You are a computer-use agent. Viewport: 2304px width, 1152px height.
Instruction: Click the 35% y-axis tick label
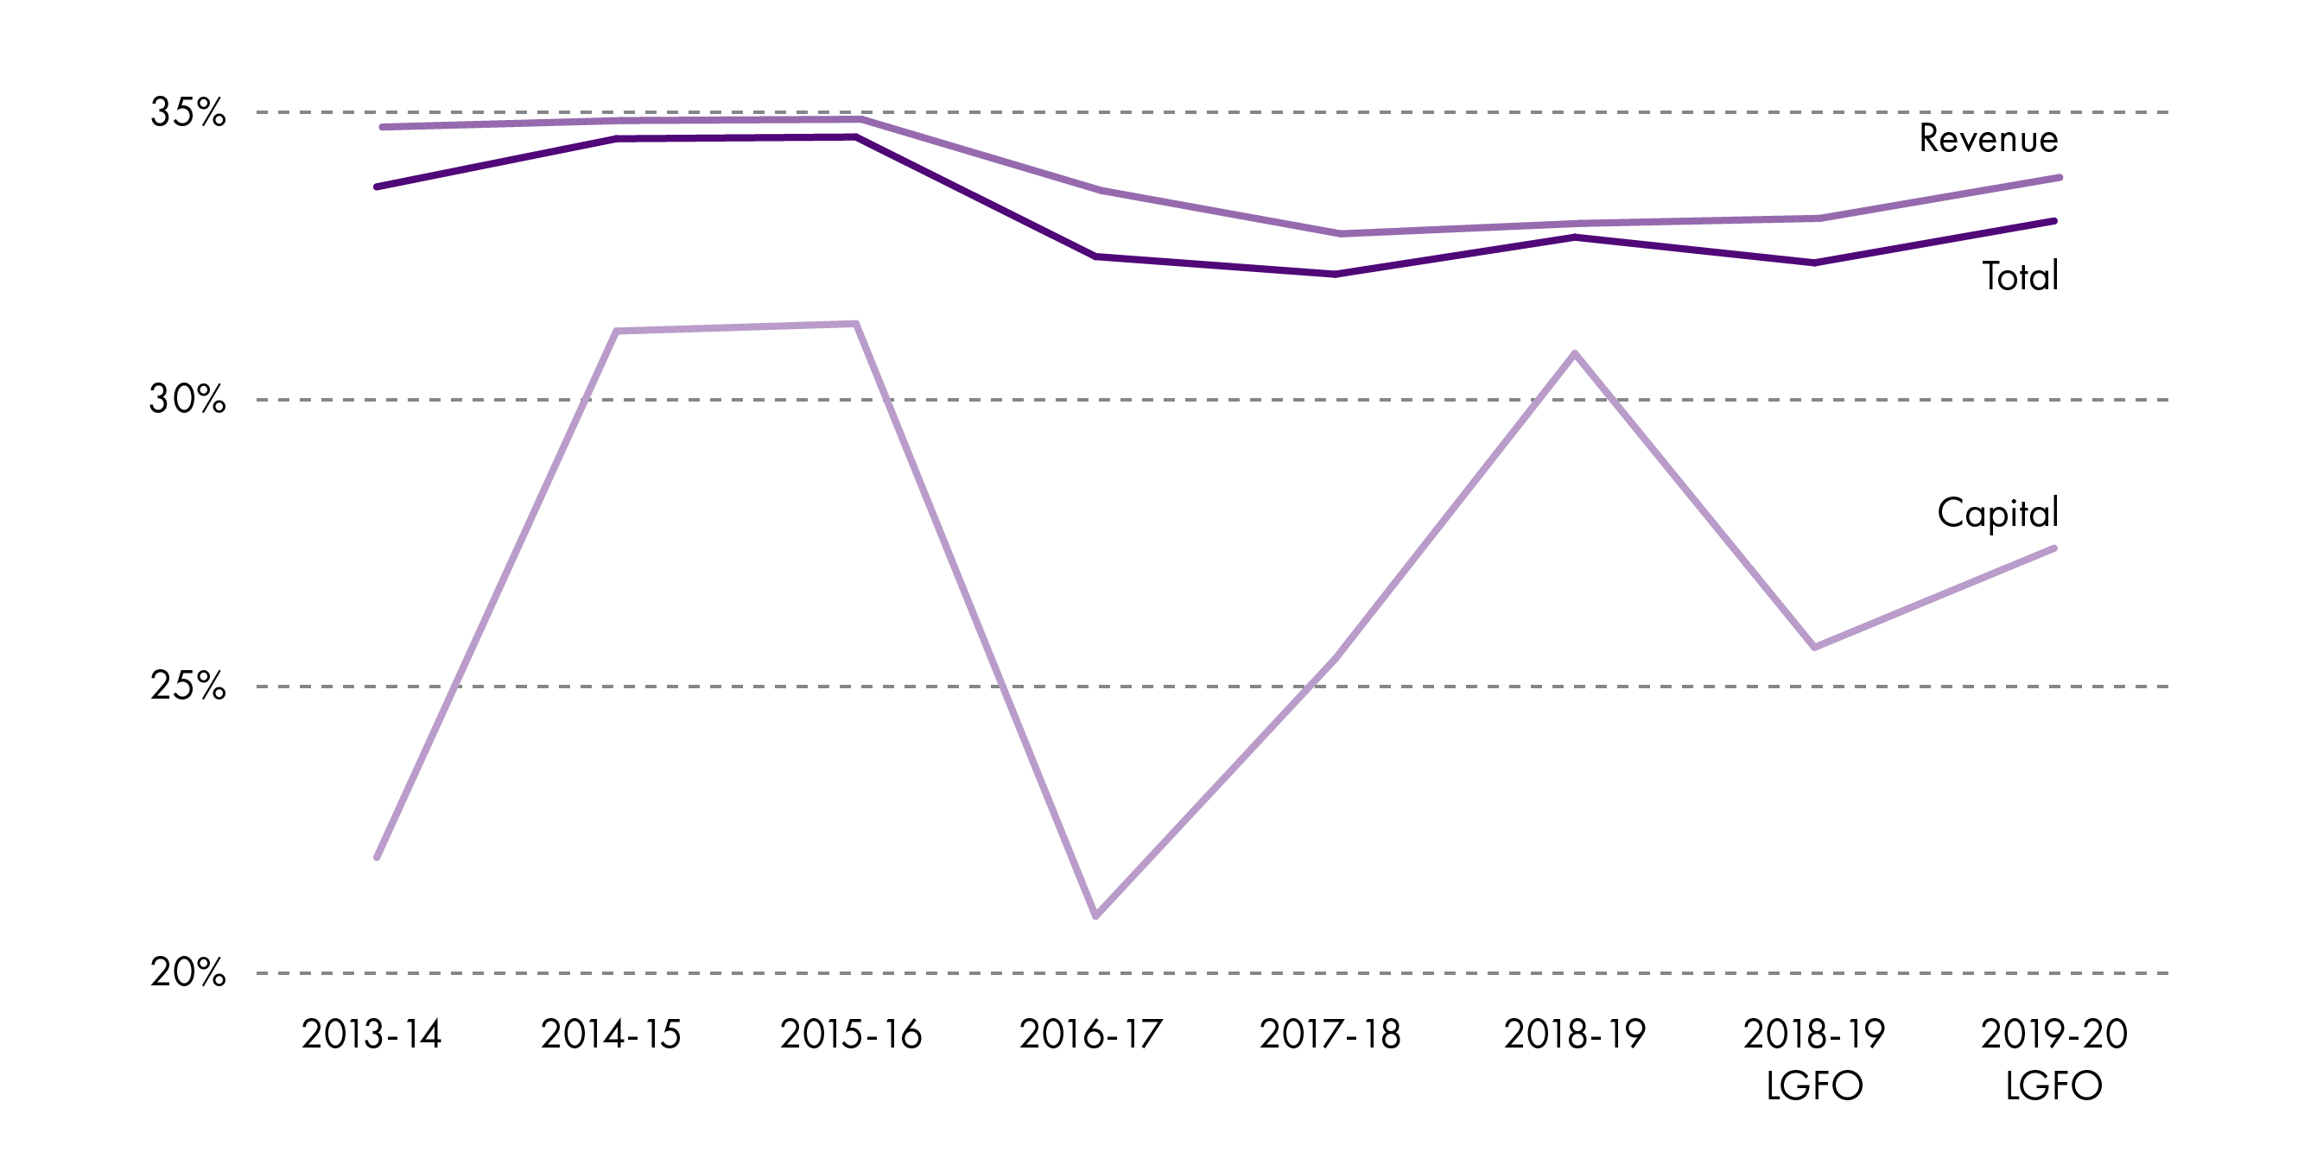[x=187, y=112]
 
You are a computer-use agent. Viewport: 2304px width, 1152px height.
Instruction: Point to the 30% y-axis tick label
[x=187, y=399]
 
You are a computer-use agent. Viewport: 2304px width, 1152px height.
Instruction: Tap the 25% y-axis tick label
[x=187, y=686]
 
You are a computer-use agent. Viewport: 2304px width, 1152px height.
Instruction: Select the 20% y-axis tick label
[x=187, y=972]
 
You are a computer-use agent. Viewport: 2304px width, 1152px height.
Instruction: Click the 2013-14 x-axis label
[x=372, y=1035]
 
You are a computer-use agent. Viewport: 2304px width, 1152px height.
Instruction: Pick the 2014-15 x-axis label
[x=611, y=1035]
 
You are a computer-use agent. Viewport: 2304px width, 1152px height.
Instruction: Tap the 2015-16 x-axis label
[x=851, y=1035]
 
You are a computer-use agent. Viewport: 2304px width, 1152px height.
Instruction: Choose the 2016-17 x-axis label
[x=1090, y=1035]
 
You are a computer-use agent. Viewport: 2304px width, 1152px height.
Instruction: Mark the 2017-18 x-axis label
[x=1330, y=1035]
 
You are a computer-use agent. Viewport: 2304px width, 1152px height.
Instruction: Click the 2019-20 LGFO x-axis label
[x=2053, y=1060]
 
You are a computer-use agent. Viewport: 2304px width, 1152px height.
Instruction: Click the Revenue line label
[x=1989, y=139]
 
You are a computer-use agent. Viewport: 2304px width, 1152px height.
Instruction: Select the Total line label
[x=2020, y=276]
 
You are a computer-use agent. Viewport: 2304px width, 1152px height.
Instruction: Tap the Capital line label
[x=1997, y=513]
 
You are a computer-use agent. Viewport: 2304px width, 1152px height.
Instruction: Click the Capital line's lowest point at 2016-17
[x=1095, y=916]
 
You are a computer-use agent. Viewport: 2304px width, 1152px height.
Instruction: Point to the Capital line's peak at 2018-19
[x=1575, y=353]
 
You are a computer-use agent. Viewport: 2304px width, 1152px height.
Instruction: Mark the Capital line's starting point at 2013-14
[x=378, y=857]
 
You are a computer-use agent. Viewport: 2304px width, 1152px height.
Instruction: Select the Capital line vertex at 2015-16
[x=856, y=324]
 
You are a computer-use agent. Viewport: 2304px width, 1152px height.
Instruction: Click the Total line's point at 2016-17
[x=1095, y=256]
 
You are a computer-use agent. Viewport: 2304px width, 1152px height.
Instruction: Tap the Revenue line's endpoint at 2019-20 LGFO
[x=2059, y=178]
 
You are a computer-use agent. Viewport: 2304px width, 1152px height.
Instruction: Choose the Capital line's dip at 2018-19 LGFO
[x=1815, y=647]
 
